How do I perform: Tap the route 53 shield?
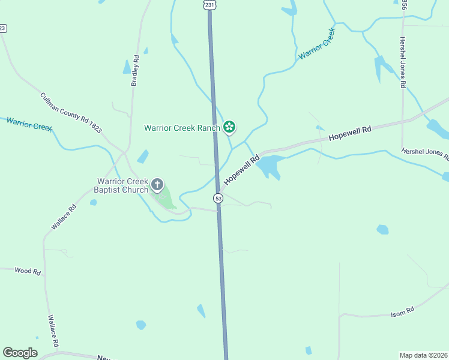click(218, 198)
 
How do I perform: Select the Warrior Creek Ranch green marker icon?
click(229, 127)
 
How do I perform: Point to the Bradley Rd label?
click(136, 71)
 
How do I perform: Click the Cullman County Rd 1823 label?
click(70, 113)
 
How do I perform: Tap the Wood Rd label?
click(28, 271)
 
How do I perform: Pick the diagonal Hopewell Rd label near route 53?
click(241, 170)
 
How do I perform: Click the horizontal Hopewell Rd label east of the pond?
click(351, 133)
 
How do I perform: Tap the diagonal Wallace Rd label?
click(64, 217)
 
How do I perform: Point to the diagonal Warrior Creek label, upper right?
click(317, 43)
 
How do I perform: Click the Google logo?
click(20, 353)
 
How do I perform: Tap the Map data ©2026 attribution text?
click(424, 355)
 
